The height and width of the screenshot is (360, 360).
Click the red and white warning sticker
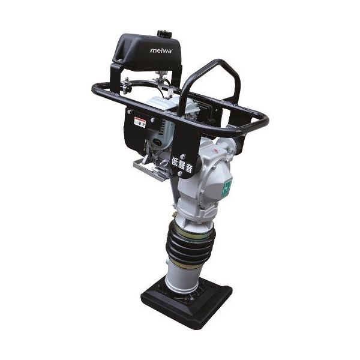tap(140, 122)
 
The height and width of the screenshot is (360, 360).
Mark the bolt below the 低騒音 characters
tap(179, 174)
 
